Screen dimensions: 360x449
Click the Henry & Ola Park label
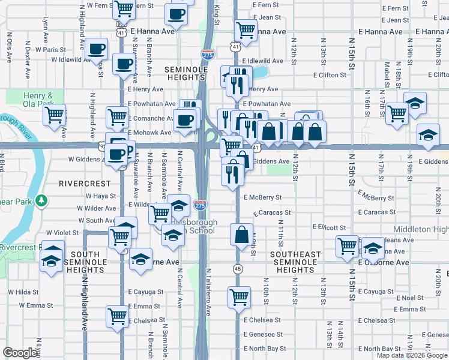click(x=38, y=100)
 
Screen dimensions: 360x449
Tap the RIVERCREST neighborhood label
click(x=85, y=183)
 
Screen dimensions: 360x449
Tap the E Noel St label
click(x=410, y=298)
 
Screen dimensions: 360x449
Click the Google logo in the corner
click(x=20, y=353)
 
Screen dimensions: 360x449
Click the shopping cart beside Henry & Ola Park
click(x=55, y=114)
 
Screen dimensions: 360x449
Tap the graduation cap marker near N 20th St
click(x=429, y=136)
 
